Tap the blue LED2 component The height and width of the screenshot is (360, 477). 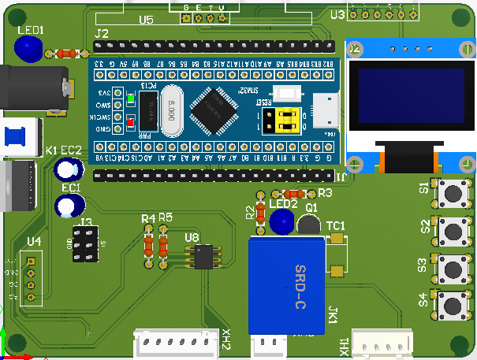tap(281, 223)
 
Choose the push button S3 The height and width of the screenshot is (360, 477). tap(453, 267)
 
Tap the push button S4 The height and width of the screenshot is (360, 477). tap(452, 304)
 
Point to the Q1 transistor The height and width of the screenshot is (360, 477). tap(310, 224)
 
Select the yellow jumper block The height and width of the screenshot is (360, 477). tap(285, 121)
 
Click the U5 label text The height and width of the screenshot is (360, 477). tap(146, 20)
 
